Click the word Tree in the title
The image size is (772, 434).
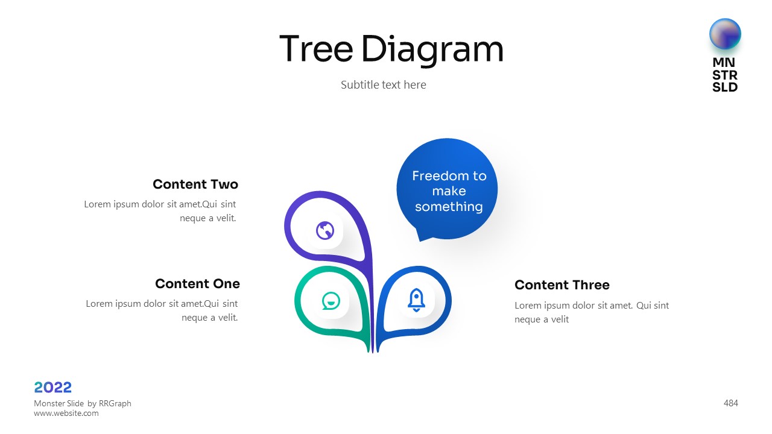(316, 49)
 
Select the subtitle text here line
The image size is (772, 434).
(383, 85)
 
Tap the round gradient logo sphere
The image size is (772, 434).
(725, 34)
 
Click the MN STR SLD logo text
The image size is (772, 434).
(725, 75)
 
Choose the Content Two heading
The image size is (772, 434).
(195, 184)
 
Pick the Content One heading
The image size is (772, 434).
(197, 284)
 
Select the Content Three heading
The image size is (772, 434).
(562, 285)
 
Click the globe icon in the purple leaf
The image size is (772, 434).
(325, 230)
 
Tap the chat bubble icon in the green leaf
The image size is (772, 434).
(331, 301)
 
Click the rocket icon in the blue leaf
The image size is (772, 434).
(416, 300)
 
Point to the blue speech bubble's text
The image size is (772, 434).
(449, 191)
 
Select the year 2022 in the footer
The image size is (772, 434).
(52, 388)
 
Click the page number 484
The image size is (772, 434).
(730, 403)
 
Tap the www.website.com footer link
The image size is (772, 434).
(66, 414)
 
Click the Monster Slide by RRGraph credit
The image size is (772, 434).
(83, 403)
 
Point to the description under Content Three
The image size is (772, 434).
(592, 312)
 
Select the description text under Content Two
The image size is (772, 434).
(160, 211)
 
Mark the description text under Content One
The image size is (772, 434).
(162, 310)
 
